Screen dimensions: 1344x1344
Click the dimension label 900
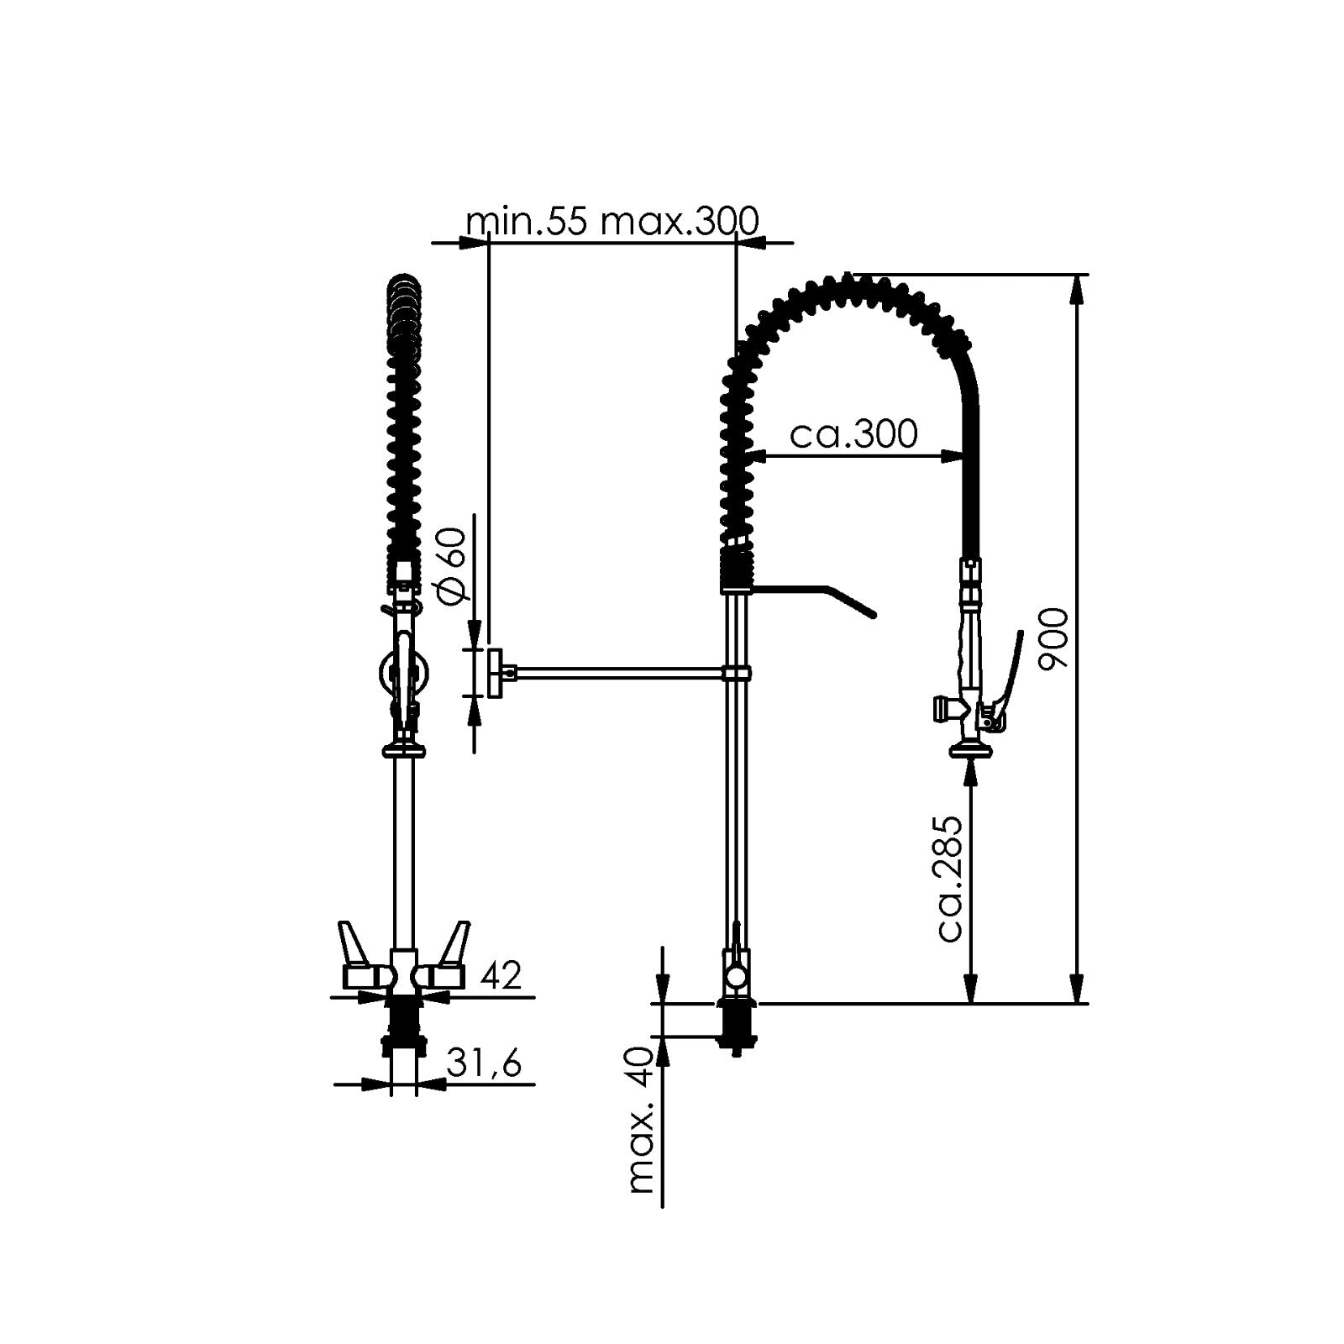[x=1053, y=638]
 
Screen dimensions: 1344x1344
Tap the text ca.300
[x=854, y=434]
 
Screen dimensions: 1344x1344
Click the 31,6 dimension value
[x=484, y=1063]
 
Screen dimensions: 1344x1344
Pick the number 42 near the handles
[x=501, y=975]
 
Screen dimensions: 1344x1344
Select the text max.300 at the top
[x=681, y=222]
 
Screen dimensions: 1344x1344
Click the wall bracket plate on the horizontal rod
[x=496, y=672]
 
